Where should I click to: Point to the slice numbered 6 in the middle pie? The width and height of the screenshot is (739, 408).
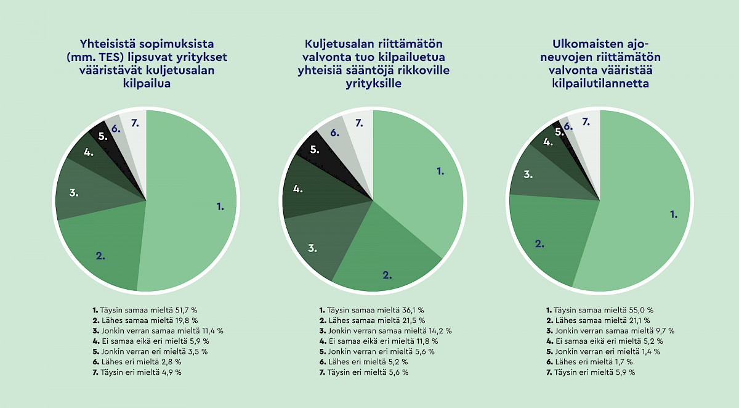point(333,134)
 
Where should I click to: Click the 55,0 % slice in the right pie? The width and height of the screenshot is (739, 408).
point(653,210)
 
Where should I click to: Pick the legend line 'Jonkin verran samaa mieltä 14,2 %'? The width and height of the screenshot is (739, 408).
point(386,331)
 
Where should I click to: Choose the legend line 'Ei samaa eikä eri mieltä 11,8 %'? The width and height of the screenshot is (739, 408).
point(378,341)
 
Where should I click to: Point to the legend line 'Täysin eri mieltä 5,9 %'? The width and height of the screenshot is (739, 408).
point(591,372)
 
